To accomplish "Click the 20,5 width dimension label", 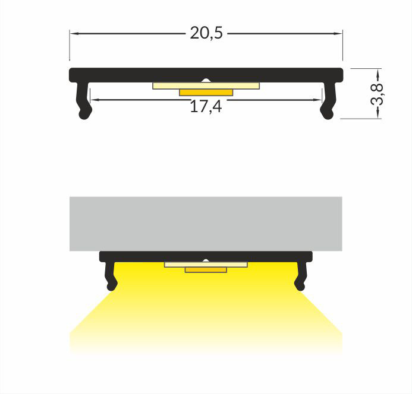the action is coord(206,34).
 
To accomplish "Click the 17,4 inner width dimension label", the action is coord(206,107).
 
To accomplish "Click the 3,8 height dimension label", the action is coord(377,93).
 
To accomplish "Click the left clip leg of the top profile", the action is coord(84,101).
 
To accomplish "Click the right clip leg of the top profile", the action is coord(328,101).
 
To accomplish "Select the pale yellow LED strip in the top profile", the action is coord(206,86).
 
